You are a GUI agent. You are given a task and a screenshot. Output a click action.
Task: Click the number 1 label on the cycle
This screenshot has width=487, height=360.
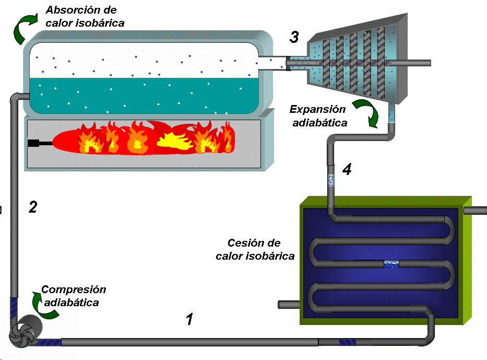(190, 319)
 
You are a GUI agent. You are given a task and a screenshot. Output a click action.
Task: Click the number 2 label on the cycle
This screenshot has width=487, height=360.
(33, 207)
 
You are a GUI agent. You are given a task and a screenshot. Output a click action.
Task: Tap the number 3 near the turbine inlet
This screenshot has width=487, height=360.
(294, 37)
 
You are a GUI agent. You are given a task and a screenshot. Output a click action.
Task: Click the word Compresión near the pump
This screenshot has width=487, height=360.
(74, 289)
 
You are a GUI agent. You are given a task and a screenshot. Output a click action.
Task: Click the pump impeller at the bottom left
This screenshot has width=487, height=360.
(21, 332)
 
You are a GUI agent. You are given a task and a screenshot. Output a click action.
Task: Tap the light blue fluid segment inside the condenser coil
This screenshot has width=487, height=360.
(391, 264)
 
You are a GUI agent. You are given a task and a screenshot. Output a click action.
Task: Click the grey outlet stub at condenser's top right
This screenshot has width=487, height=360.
(474, 211)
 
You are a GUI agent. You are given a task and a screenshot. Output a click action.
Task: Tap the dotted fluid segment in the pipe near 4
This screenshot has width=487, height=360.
(330, 180)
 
